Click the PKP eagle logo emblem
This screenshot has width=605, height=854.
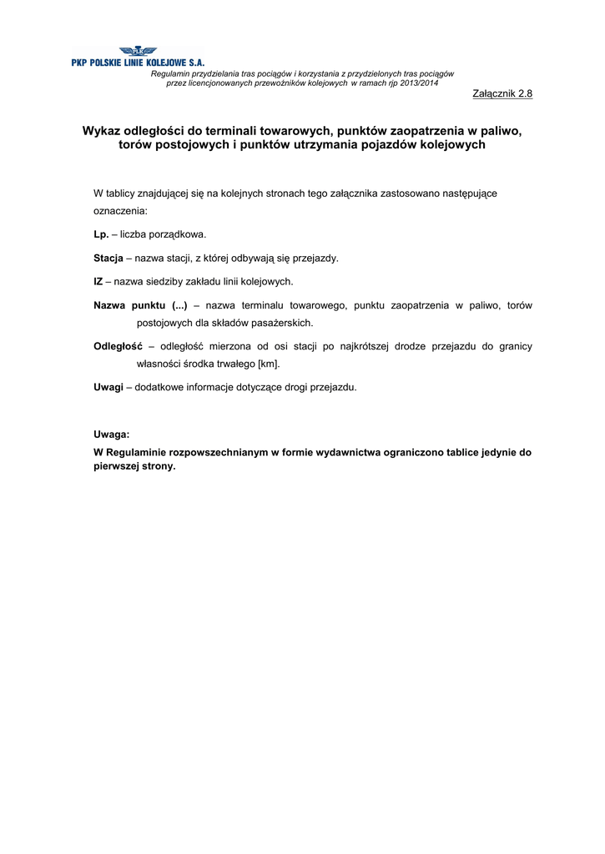point(137,52)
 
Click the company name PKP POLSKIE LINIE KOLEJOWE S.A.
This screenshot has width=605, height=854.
point(138,63)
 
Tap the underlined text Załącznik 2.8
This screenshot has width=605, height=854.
point(502,93)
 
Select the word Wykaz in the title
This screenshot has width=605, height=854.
point(101,131)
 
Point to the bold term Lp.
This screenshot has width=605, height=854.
point(101,235)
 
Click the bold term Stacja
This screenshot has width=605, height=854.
point(108,259)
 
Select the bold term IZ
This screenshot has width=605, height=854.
point(98,282)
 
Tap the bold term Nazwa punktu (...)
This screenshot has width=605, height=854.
point(140,305)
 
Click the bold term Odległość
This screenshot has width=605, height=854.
point(118,346)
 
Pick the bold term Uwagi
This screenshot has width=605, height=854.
point(108,387)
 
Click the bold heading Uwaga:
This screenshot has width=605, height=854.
point(111,435)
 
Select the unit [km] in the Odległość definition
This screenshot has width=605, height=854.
point(269,364)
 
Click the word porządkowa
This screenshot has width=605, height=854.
point(175,235)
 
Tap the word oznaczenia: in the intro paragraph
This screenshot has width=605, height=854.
point(120,212)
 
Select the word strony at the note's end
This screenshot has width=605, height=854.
point(159,467)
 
